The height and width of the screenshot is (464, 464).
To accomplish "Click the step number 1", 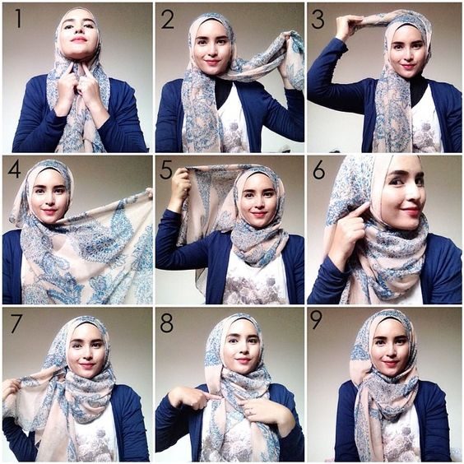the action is coord(18,19).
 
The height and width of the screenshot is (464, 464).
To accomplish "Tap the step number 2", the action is coord(168,20).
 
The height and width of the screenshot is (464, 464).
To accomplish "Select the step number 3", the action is coord(318,20).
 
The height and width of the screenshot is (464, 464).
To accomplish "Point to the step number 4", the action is coord(14,169).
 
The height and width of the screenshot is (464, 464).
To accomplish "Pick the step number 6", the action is coord(318,171).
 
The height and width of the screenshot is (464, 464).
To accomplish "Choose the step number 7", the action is coord(16,323).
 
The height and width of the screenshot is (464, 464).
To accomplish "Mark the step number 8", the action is coord(167,323).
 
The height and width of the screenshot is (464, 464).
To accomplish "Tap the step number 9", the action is coord(317,320).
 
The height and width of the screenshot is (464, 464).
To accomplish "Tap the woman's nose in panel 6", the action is coord(413,194).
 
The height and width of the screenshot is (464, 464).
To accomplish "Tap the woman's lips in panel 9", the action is coord(389,363).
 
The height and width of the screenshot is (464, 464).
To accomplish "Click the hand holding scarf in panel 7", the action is coord(12,388).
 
